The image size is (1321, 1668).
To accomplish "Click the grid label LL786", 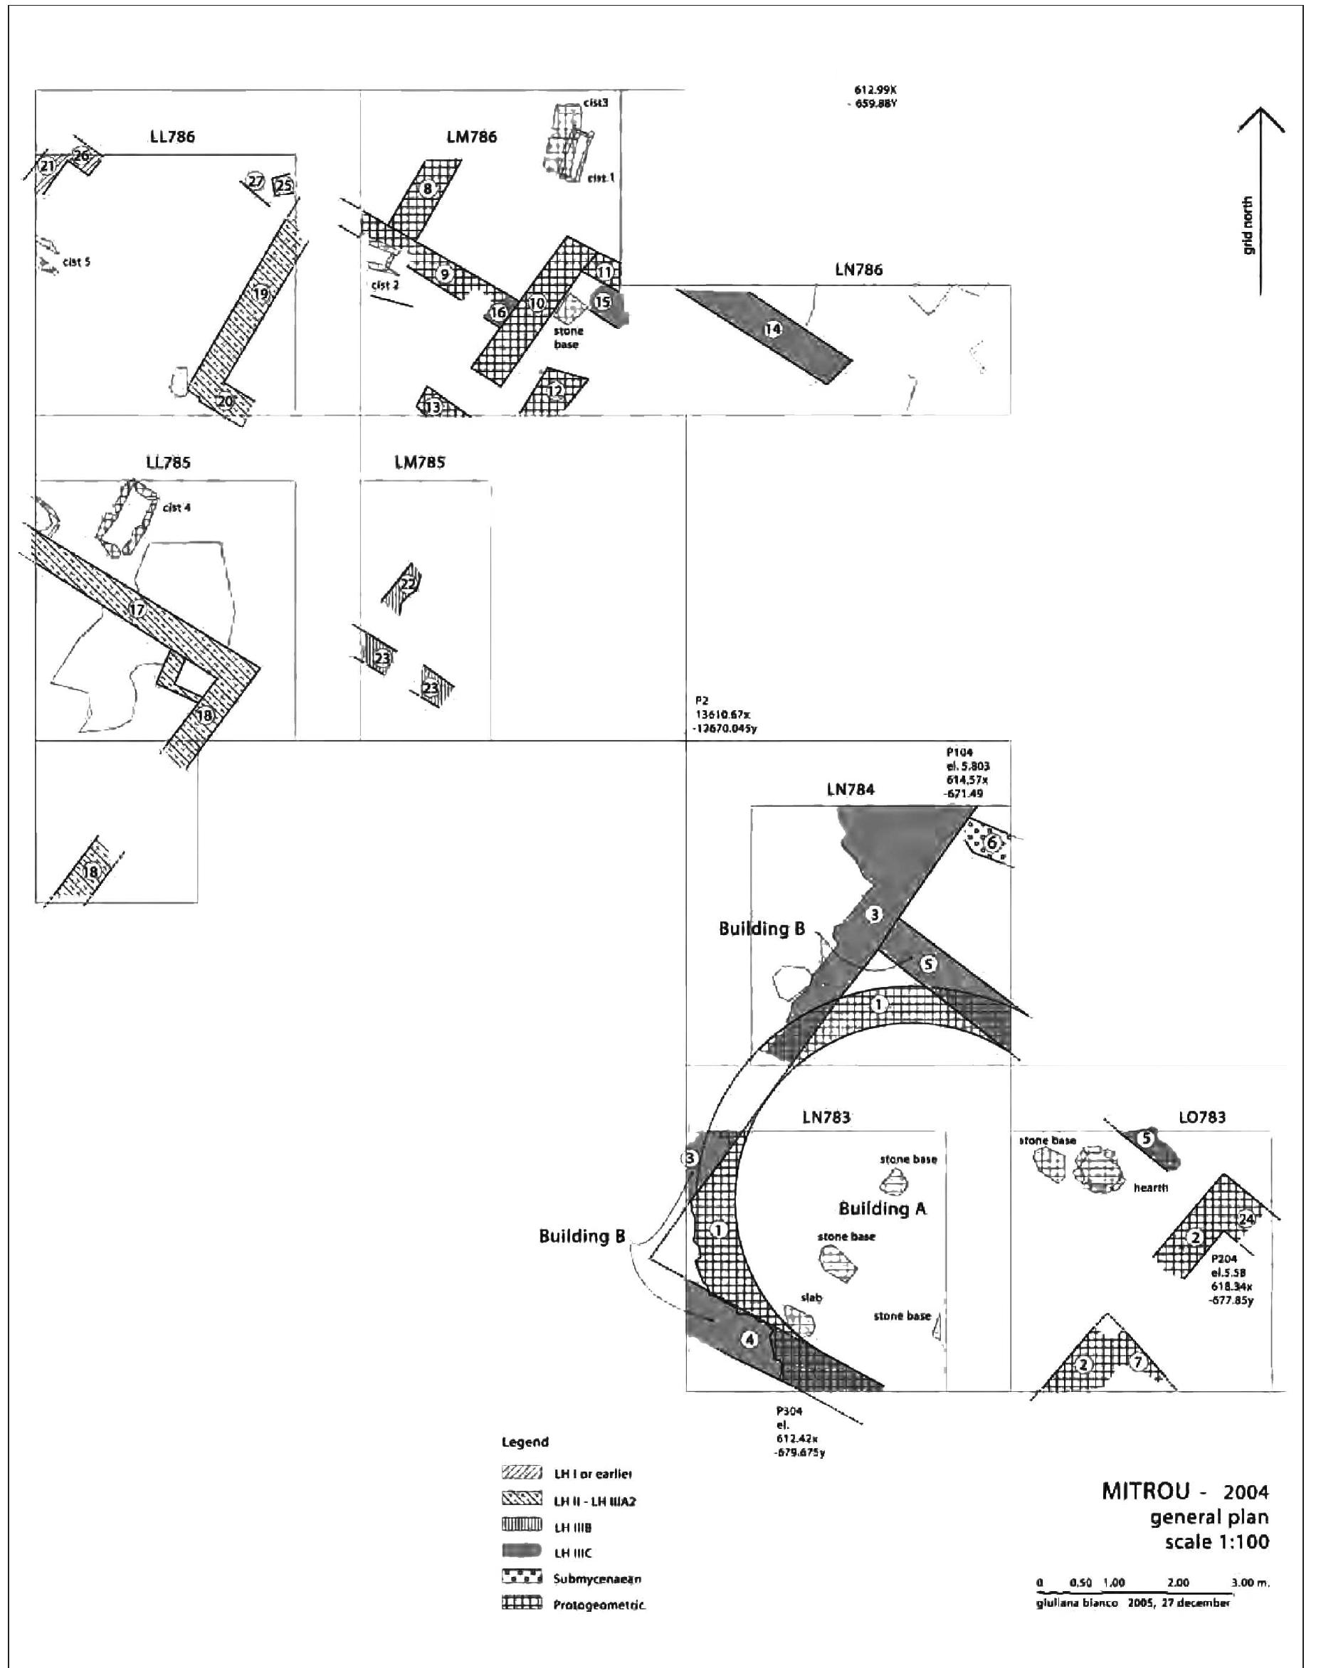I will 172,137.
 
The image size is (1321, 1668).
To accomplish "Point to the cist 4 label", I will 177,508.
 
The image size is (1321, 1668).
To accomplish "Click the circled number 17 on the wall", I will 137,610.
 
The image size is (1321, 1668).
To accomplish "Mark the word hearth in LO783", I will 1150,1188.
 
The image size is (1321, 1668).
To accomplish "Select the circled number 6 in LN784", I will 991,843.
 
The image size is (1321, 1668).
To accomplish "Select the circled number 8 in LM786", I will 426,188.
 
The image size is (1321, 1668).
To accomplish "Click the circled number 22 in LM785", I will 409,584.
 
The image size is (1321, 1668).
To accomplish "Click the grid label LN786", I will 858,270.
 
